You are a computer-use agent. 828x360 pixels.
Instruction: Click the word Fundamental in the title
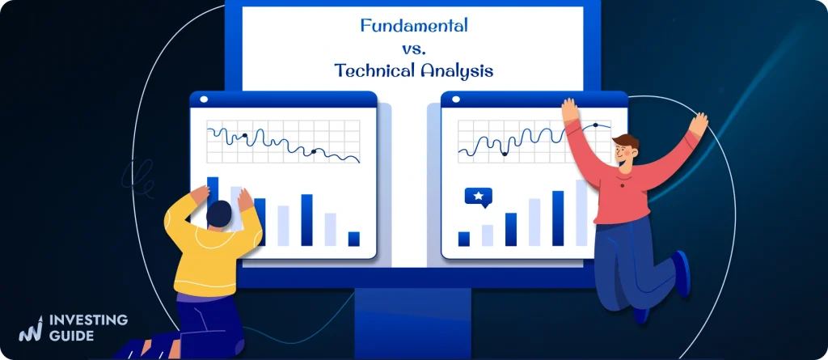(414, 26)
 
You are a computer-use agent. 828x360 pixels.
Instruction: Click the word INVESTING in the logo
(88, 320)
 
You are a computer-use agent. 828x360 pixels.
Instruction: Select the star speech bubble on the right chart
(478, 197)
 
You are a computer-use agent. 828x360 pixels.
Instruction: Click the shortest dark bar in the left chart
(353, 239)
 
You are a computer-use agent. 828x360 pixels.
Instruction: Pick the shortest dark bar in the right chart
(464, 239)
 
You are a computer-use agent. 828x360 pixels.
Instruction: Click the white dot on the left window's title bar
(203, 100)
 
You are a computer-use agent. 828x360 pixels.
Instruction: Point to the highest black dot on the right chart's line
(596, 125)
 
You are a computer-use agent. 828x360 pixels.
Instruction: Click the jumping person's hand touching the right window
(570, 111)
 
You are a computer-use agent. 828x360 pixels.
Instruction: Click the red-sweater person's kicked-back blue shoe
(681, 271)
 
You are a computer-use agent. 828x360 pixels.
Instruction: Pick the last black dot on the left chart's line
(314, 151)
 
